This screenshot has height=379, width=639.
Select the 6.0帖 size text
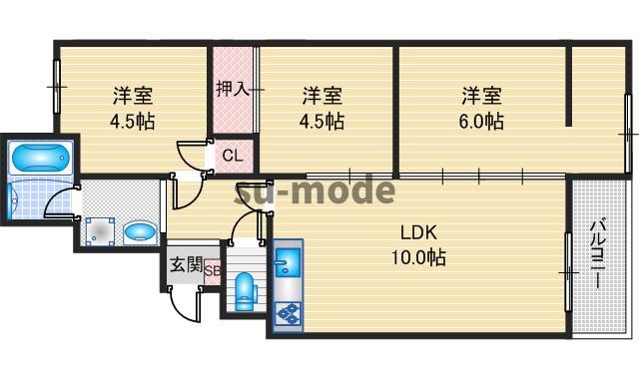coord(481,121)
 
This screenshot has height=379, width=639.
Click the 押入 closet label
coord(232,88)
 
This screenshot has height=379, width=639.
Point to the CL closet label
coord(232,156)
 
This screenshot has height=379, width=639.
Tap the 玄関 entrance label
coord(183,264)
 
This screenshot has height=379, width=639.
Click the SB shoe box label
coord(212,269)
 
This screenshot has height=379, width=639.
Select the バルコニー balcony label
coord(596,254)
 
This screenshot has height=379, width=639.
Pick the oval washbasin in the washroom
coord(138,232)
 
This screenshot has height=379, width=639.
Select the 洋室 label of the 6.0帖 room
coord(481,98)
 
